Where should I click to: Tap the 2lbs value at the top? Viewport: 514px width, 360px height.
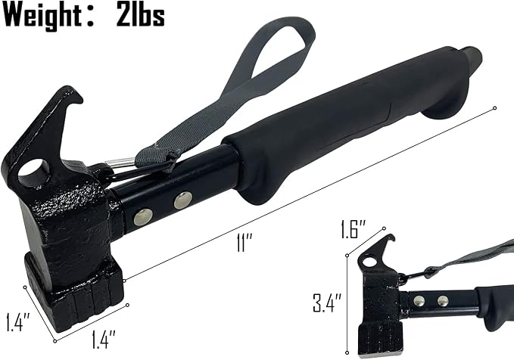(141, 15)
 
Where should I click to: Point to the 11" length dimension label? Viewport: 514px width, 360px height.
(245, 243)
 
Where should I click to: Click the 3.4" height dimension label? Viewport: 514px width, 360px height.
(327, 303)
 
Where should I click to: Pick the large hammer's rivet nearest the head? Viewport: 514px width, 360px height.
(143, 217)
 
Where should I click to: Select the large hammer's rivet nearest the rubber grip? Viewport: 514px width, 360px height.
(183, 200)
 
